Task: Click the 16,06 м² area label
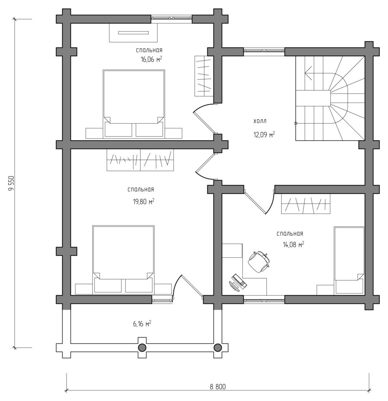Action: pos(151,59)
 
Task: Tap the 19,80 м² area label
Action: pos(143,202)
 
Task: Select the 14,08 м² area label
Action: pos(293,245)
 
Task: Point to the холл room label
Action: pos(260,121)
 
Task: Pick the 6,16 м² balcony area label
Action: pos(142,324)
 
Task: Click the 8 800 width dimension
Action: pos(217,386)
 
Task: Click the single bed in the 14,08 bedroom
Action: pos(349,260)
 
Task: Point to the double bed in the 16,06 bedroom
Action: pos(134,104)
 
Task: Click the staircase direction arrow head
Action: pos(308,73)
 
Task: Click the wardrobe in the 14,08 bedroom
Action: pos(306,204)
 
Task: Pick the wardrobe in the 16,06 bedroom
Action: pos(204,76)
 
